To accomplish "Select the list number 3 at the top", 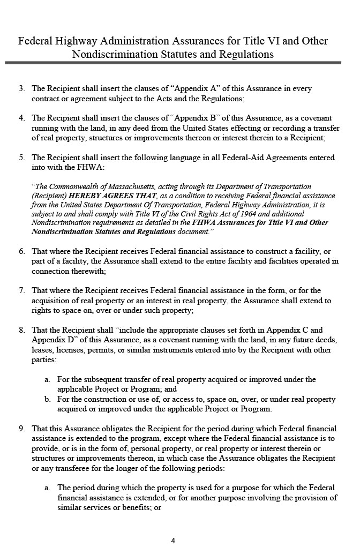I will point(21,88).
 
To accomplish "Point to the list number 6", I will point(21,251).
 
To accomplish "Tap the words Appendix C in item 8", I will point(302,330).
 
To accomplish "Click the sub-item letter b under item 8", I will point(47,399).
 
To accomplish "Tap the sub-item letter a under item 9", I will point(47,488).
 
